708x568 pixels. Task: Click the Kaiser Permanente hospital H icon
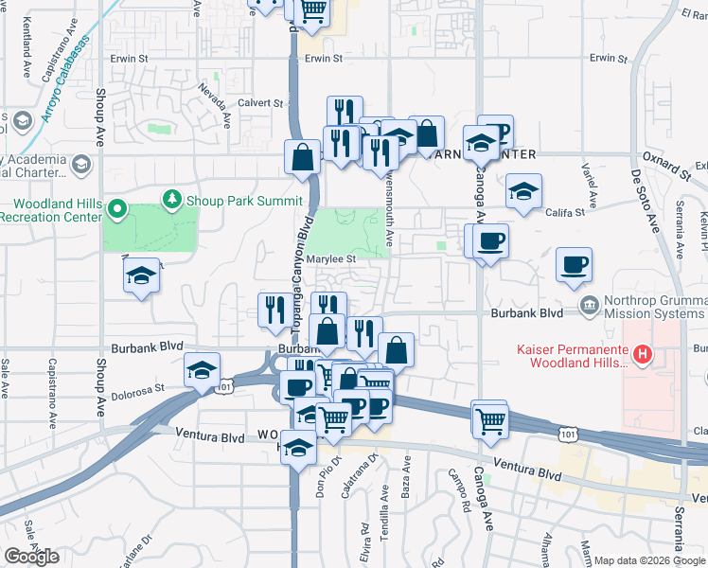[x=643, y=356]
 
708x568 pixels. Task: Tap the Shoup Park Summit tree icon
[x=171, y=199]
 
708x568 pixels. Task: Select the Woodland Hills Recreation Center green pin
[x=118, y=208]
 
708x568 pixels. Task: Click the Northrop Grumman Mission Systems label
[x=649, y=311]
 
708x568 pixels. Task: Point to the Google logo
[x=31, y=557]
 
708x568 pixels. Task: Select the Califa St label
[x=566, y=213]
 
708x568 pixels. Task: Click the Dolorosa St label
[x=139, y=387]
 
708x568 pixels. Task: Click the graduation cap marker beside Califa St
[x=523, y=192]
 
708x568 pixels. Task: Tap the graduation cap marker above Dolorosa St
[x=202, y=371]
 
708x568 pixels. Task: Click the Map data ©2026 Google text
[x=649, y=560]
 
